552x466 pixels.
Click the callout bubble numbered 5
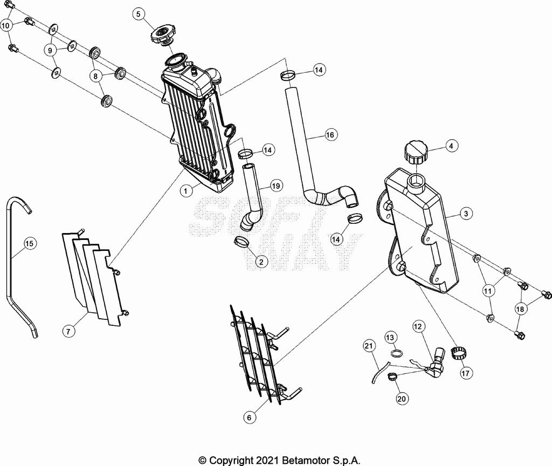pyautogui.click(x=139, y=14)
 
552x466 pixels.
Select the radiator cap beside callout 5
pyautogui.click(x=163, y=36)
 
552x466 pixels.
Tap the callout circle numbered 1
pyautogui.click(x=186, y=191)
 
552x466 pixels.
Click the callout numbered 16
pyautogui.click(x=330, y=134)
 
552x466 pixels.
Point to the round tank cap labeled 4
pyautogui.click(x=416, y=152)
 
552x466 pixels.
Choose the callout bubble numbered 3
pyautogui.click(x=466, y=214)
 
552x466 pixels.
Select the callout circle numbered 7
pyautogui.click(x=68, y=331)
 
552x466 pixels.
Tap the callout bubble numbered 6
pyautogui.click(x=249, y=418)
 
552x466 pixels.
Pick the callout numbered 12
pyautogui.click(x=418, y=326)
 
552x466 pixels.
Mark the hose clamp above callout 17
pyautogui.click(x=457, y=354)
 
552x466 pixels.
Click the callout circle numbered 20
pyautogui.click(x=401, y=399)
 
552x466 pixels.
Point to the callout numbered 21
pyautogui.click(x=369, y=346)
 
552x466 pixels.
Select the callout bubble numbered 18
pyautogui.click(x=520, y=309)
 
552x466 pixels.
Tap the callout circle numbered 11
pyautogui.click(x=487, y=291)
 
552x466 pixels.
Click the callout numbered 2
pyautogui.click(x=261, y=262)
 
